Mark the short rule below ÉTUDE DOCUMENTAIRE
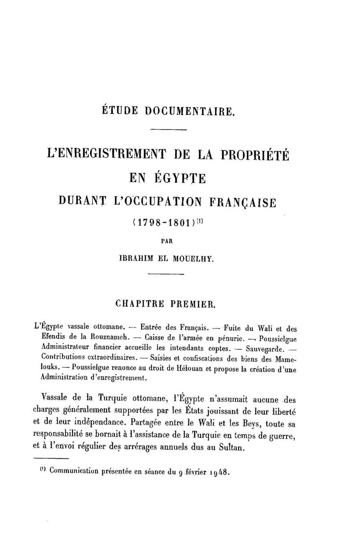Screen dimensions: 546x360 [x=168, y=130]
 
